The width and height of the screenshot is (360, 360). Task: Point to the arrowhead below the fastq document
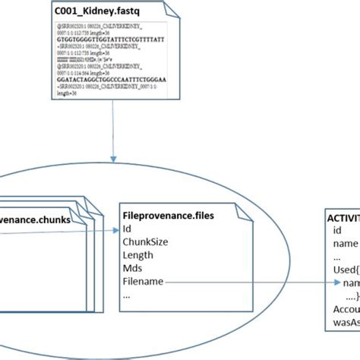pyautogui.click(x=112, y=160)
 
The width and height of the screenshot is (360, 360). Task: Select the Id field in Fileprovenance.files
pyautogui.click(x=128, y=229)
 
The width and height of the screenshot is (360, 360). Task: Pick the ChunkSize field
pyautogui.click(x=144, y=242)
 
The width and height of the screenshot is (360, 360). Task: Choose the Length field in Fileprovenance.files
pyautogui.click(x=137, y=256)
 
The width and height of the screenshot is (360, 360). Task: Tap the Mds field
pyautogui.click(x=133, y=270)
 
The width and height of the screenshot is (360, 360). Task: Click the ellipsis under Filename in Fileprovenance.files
pyautogui.click(x=128, y=296)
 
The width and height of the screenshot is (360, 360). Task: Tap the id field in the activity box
pyautogui.click(x=339, y=230)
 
